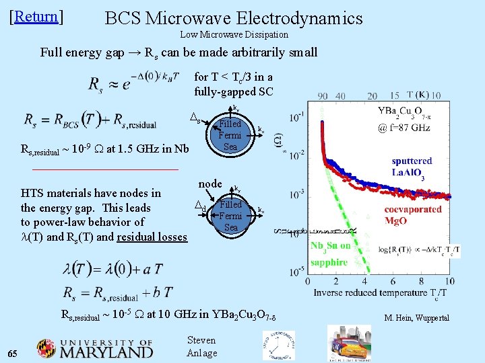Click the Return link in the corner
click(36, 17)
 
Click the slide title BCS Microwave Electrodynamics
click(234, 18)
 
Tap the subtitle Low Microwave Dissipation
click(234, 34)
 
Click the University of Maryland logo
click(94, 348)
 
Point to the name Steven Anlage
click(201, 347)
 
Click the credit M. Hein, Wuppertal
click(416, 318)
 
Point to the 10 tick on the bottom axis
click(449, 281)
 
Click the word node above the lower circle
click(210, 184)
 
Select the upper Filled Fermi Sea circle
click(230, 135)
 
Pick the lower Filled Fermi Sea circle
click(230, 215)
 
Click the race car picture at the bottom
click(348, 343)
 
